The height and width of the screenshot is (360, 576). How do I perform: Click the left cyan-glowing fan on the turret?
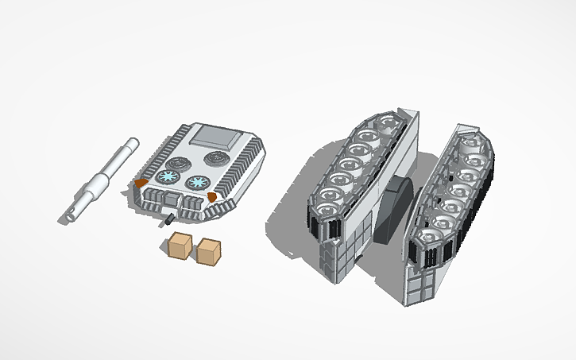168,177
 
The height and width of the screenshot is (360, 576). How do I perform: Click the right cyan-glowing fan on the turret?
195,183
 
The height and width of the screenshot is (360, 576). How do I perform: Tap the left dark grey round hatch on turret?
178,161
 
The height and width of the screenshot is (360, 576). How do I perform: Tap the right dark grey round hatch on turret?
216,159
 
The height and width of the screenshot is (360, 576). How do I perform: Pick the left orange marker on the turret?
141,184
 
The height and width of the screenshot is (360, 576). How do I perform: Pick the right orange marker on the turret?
212,195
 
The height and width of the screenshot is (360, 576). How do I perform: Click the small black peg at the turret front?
169,217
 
